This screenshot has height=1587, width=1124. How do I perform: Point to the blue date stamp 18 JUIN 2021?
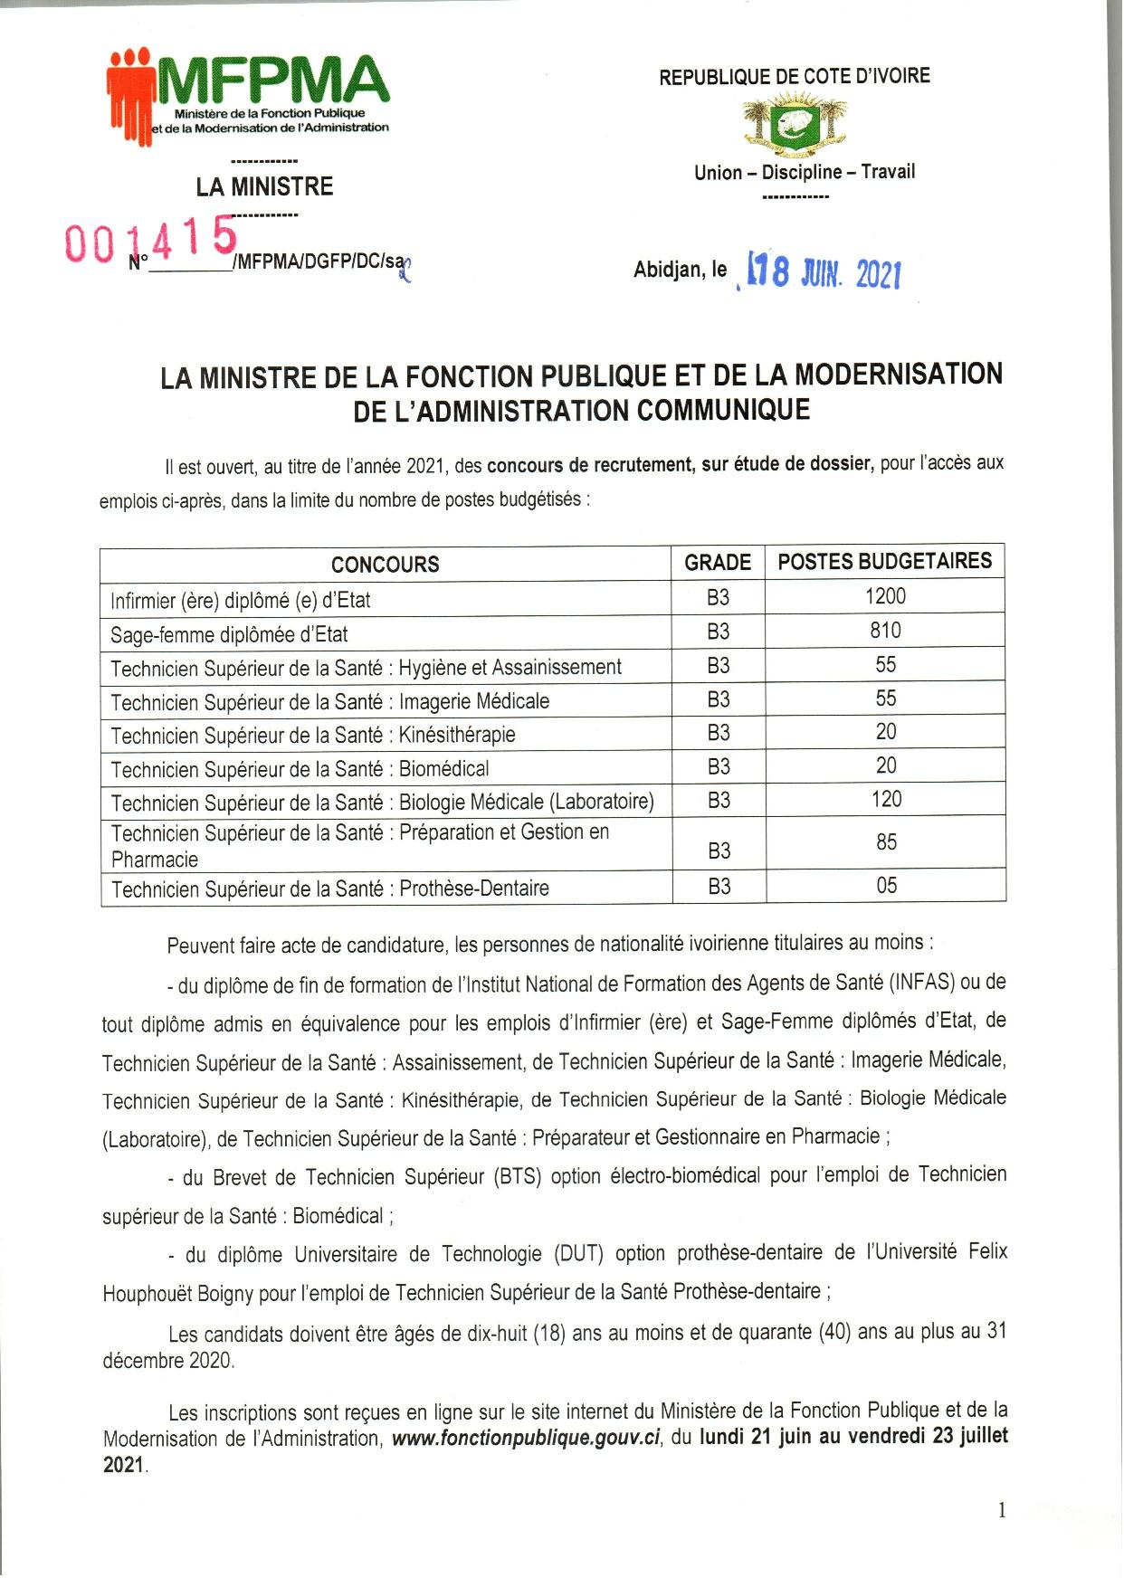pyautogui.click(x=822, y=271)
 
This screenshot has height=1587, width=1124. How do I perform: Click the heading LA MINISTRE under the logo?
pyautogui.click(x=264, y=187)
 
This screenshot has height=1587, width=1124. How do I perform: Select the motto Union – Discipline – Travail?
pyautogui.click(x=805, y=172)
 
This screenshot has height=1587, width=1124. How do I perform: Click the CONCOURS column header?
pyautogui.click(x=385, y=565)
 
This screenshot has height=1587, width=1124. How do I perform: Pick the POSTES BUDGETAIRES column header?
pyautogui.click(x=884, y=562)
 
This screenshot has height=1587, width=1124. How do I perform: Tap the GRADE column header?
pyautogui.click(x=718, y=563)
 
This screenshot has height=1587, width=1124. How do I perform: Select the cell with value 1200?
pyautogui.click(x=884, y=596)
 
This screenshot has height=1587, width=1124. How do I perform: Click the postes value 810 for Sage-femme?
pyautogui.click(x=885, y=631)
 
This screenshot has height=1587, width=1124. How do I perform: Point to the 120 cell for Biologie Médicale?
pyautogui.click(x=886, y=799)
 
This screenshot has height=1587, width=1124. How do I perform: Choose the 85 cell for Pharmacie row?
pyautogui.click(x=886, y=842)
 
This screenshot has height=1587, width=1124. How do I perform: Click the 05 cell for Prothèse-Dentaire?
pyautogui.click(x=886, y=886)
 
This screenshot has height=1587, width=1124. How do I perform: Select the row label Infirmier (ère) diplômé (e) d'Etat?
pyautogui.click(x=241, y=600)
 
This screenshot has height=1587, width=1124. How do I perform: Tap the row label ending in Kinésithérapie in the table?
pyautogui.click(x=313, y=735)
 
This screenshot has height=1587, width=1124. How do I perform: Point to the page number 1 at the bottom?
pyautogui.click(x=1001, y=1509)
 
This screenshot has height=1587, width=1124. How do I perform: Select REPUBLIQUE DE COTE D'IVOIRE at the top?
pyautogui.click(x=795, y=77)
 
